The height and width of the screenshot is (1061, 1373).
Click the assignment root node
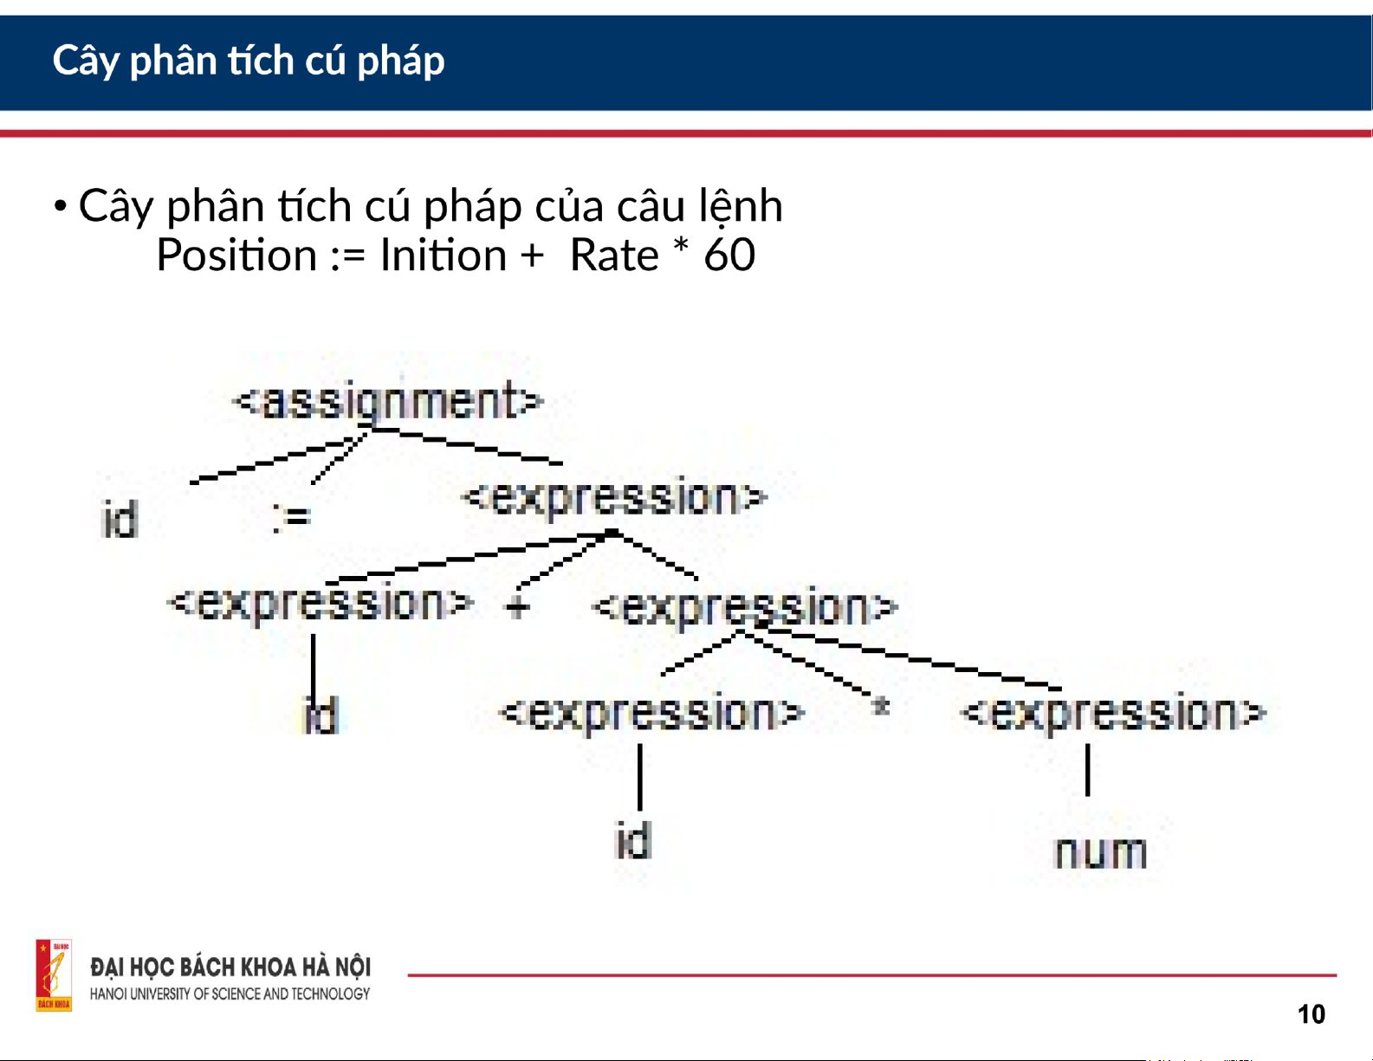388,402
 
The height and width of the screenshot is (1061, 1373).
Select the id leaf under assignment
120,519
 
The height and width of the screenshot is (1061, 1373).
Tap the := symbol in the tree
292,517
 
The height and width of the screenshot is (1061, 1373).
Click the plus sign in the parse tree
517,607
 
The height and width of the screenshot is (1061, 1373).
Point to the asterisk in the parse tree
880,705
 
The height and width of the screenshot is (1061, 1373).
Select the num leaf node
1101,852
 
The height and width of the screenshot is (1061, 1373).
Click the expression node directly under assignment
614,498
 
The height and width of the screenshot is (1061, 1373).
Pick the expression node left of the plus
321,603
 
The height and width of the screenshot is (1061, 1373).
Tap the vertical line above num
1087,770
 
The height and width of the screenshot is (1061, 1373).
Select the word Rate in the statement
614,256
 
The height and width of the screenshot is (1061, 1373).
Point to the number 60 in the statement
729,256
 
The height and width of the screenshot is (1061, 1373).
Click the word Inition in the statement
444,256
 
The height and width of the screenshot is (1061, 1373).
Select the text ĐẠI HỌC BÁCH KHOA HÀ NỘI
230,967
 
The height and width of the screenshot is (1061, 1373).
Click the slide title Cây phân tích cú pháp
249,61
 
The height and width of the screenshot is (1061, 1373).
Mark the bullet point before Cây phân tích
61,206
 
